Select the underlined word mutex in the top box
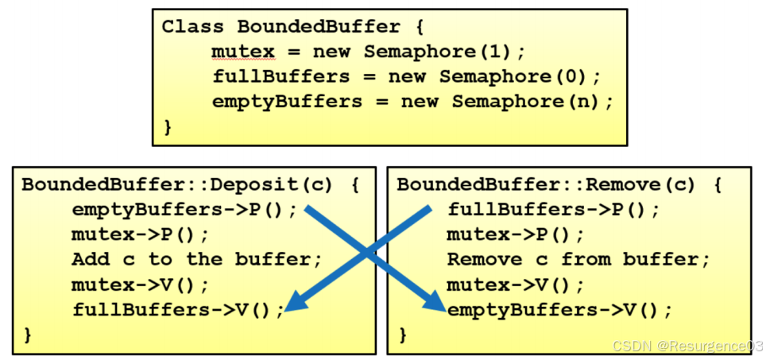pyautogui.click(x=242, y=52)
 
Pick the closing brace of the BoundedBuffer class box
pyautogui.click(x=167, y=126)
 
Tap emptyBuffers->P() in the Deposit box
pyautogui.click(x=184, y=210)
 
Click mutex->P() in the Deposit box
pyautogui.click(x=140, y=234)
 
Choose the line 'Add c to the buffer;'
pyautogui.click(x=196, y=259)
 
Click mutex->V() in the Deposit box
pyautogui.click(x=140, y=284)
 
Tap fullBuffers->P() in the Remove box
pyautogui.click(x=553, y=210)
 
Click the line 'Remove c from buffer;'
pyautogui.click(x=578, y=259)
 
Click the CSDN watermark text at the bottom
pyautogui.click(x=688, y=346)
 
